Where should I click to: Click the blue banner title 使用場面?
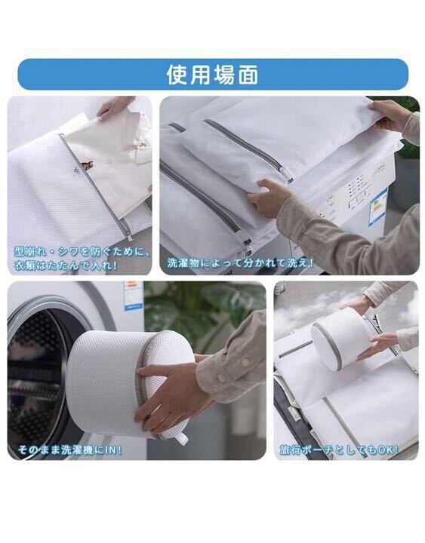[x=213, y=75]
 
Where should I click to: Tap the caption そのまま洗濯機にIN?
[x=69, y=449]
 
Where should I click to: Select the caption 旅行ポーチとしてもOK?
[x=339, y=449]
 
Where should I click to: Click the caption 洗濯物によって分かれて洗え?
[x=240, y=263]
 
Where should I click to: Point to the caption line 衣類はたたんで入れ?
[x=66, y=265]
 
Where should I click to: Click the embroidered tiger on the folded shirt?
[x=88, y=166]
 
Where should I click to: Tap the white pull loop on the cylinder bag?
[x=181, y=438]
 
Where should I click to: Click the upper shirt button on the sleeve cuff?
[x=245, y=363]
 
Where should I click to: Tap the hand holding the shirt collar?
[x=115, y=106]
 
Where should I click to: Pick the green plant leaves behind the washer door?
[x=205, y=311]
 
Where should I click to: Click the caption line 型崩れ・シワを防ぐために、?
[x=82, y=251]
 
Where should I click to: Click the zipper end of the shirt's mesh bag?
[x=129, y=237]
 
